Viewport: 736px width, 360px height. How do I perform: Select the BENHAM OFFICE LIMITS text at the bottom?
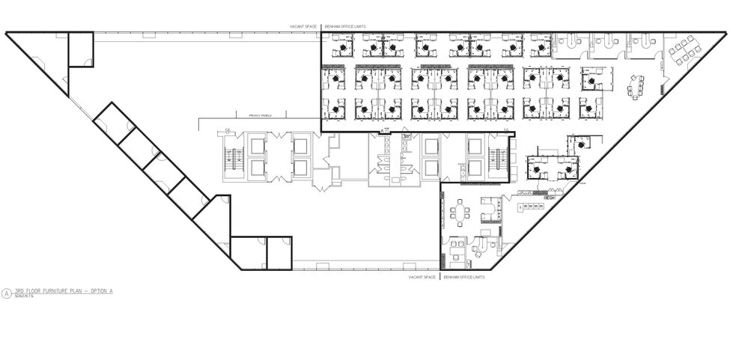click(464, 277)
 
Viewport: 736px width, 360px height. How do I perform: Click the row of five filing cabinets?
click(532, 205)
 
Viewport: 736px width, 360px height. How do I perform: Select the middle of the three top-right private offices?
click(604, 46)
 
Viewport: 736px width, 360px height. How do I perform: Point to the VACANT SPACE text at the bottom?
click(422, 277)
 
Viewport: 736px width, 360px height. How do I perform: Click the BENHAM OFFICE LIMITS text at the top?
click(344, 26)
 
